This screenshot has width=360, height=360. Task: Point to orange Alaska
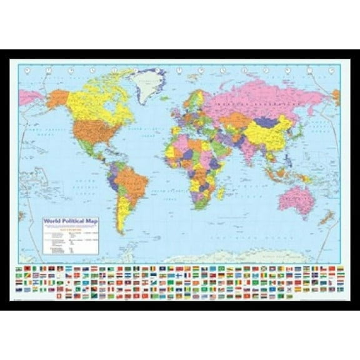pyautogui.click(x=57, y=98)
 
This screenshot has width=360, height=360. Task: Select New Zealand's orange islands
pyautogui.click(x=326, y=218)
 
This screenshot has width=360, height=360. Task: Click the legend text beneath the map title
pyautogui.click(x=71, y=237)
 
